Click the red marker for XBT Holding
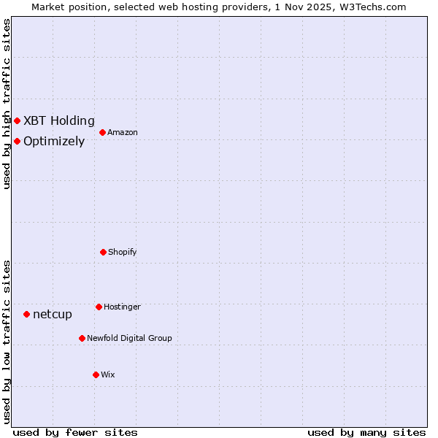click(x=17, y=120)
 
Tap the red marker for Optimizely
click(x=17, y=141)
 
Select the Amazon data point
click(x=102, y=132)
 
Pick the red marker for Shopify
click(x=103, y=252)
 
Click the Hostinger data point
click(x=99, y=307)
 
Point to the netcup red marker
click(x=26, y=314)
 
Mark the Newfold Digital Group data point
click(x=82, y=338)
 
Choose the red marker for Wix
click(x=96, y=374)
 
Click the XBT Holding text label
click(x=59, y=121)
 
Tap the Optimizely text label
click(x=54, y=142)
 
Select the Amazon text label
click(x=123, y=133)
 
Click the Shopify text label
click(x=123, y=253)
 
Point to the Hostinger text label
click(x=122, y=307)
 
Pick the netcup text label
click(x=53, y=315)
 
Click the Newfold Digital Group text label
click(x=129, y=339)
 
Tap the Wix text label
click(x=108, y=375)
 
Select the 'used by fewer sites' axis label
click(x=75, y=433)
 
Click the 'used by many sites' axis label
click(x=366, y=433)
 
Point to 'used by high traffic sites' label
click(x=7, y=104)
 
